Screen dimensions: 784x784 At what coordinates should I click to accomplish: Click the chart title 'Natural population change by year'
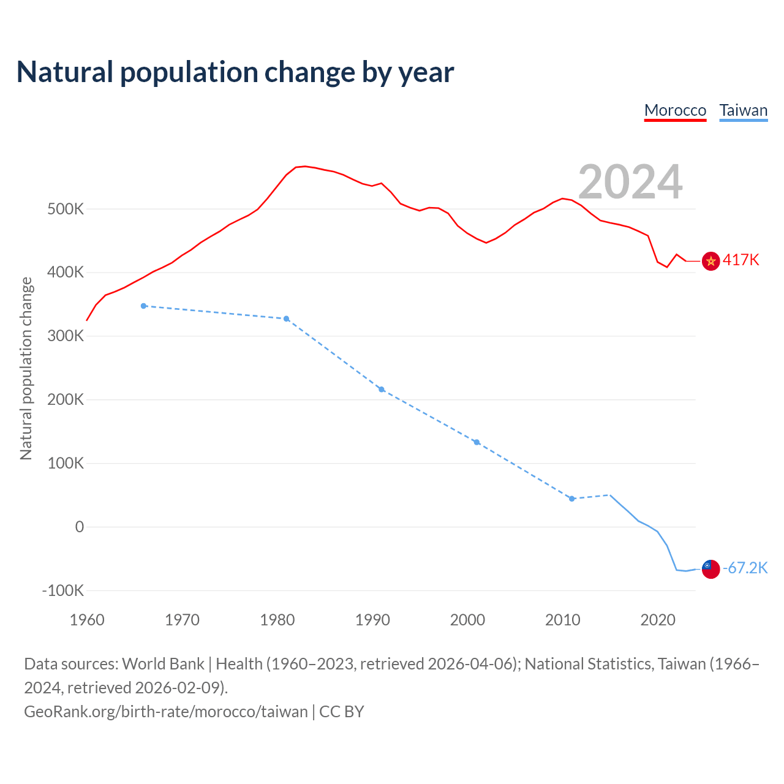(235, 72)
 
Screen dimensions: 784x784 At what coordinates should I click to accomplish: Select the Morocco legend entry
(675, 110)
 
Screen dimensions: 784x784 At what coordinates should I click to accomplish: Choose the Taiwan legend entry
(743, 110)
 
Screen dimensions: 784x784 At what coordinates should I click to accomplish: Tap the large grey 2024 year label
(630, 182)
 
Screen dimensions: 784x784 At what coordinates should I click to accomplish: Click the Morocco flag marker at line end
(710, 262)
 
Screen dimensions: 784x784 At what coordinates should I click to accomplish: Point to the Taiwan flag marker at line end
(710, 569)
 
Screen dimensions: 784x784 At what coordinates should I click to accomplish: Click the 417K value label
(741, 260)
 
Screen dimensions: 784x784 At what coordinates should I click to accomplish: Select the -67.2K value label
(745, 568)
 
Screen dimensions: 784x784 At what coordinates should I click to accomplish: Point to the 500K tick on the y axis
(66, 209)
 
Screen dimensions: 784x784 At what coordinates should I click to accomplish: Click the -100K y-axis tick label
(63, 591)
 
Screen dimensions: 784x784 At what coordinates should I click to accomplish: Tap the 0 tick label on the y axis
(79, 527)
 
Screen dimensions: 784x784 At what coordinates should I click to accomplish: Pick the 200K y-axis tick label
(66, 400)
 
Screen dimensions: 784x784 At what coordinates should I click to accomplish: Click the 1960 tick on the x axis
(87, 620)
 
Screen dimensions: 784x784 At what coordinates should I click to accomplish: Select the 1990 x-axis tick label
(372, 620)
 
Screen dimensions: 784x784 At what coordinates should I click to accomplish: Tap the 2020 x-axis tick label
(658, 620)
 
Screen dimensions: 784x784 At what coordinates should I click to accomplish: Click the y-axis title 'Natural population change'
(26, 368)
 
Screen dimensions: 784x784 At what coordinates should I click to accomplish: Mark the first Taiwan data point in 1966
(144, 306)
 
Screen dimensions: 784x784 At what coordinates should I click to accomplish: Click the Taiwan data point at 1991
(382, 390)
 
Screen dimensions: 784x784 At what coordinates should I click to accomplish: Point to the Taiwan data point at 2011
(572, 499)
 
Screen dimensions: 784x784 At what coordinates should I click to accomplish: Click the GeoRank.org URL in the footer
(166, 712)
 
